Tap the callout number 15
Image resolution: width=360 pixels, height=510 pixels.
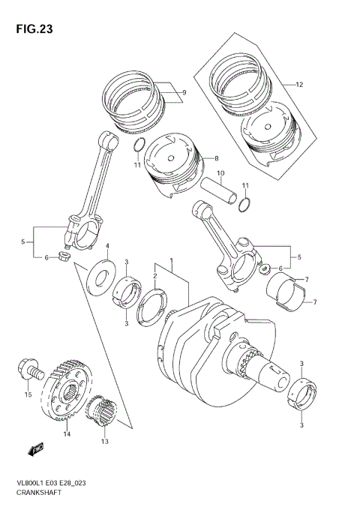27,394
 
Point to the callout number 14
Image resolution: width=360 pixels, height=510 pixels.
67,433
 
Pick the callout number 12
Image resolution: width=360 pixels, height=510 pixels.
298,84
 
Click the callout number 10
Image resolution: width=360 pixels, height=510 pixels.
220,174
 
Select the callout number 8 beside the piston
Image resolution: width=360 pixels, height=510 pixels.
215,158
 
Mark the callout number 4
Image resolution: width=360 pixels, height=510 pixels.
106,246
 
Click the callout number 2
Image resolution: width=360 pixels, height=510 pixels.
155,276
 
